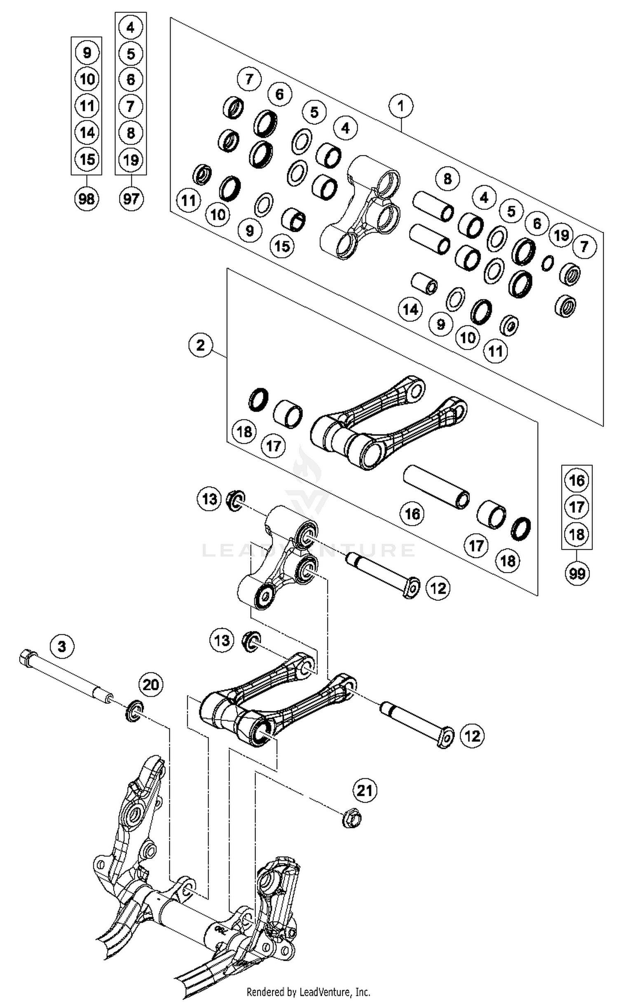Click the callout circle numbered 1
[x=400, y=106]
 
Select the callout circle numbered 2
[x=201, y=345]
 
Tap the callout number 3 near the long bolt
[x=62, y=646]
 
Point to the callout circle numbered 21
[x=365, y=790]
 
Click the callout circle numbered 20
[x=151, y=685]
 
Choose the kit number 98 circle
[x=87, y=199]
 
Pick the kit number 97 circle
[x=131, y=199]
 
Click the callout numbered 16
[x=412, y=514]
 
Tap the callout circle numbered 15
[x=282, y=246]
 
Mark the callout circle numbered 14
[x=410, y=309]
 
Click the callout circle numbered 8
[x=447, y=179]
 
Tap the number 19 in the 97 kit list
[x=131, y=160]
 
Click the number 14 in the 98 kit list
[x=87, y=132]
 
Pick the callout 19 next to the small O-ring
[x=561, y=235]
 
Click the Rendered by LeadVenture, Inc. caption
[x=308, y=991]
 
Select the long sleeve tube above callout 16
[x=436, y=487]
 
